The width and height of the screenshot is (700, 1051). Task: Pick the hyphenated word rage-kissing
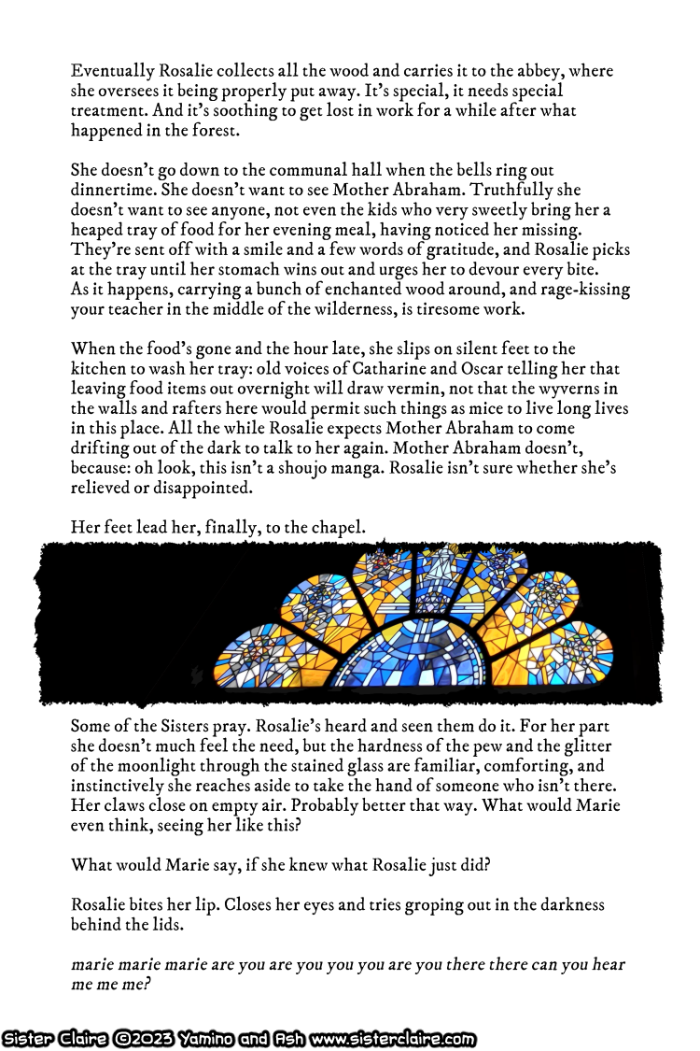[x=580, y=290]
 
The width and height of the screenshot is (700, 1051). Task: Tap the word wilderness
[x=385, y=309]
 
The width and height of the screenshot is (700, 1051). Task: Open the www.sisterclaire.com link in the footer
[x=392, y=1039]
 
